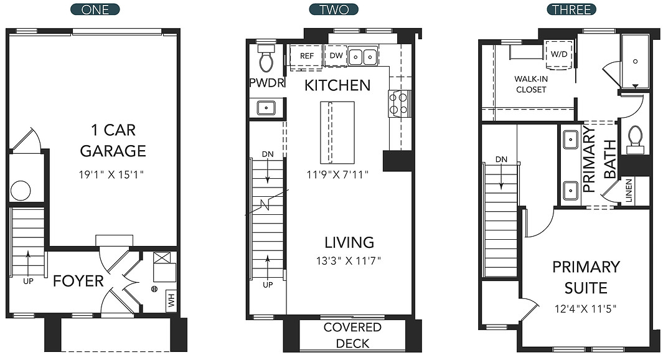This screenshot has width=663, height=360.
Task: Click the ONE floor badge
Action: coord(96,9)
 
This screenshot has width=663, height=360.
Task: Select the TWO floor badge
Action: coord(334,9)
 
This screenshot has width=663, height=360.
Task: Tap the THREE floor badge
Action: coord(571,9)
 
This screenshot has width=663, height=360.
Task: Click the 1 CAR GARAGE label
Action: coord(113,140)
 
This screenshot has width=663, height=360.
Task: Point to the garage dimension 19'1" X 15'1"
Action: coord(113,176)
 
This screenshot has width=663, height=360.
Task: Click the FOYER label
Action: coord(78,281)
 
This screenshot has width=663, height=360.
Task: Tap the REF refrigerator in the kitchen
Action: coord(307,55)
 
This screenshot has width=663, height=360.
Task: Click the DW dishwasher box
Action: coord(336,55)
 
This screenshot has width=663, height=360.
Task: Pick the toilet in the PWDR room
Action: coord(266,60)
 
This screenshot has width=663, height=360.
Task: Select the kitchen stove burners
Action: coord(398,103)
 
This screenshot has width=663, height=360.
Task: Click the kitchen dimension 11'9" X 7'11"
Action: coord(337,174)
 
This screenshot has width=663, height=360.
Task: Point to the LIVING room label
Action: coord(349,242)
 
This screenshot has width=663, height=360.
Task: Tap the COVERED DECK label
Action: coord(352,335)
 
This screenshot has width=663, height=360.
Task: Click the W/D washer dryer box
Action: coord(558,54)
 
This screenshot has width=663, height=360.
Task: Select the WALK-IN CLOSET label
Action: coord(530,84)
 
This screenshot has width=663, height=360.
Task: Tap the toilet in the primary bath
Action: coord(635,139)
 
